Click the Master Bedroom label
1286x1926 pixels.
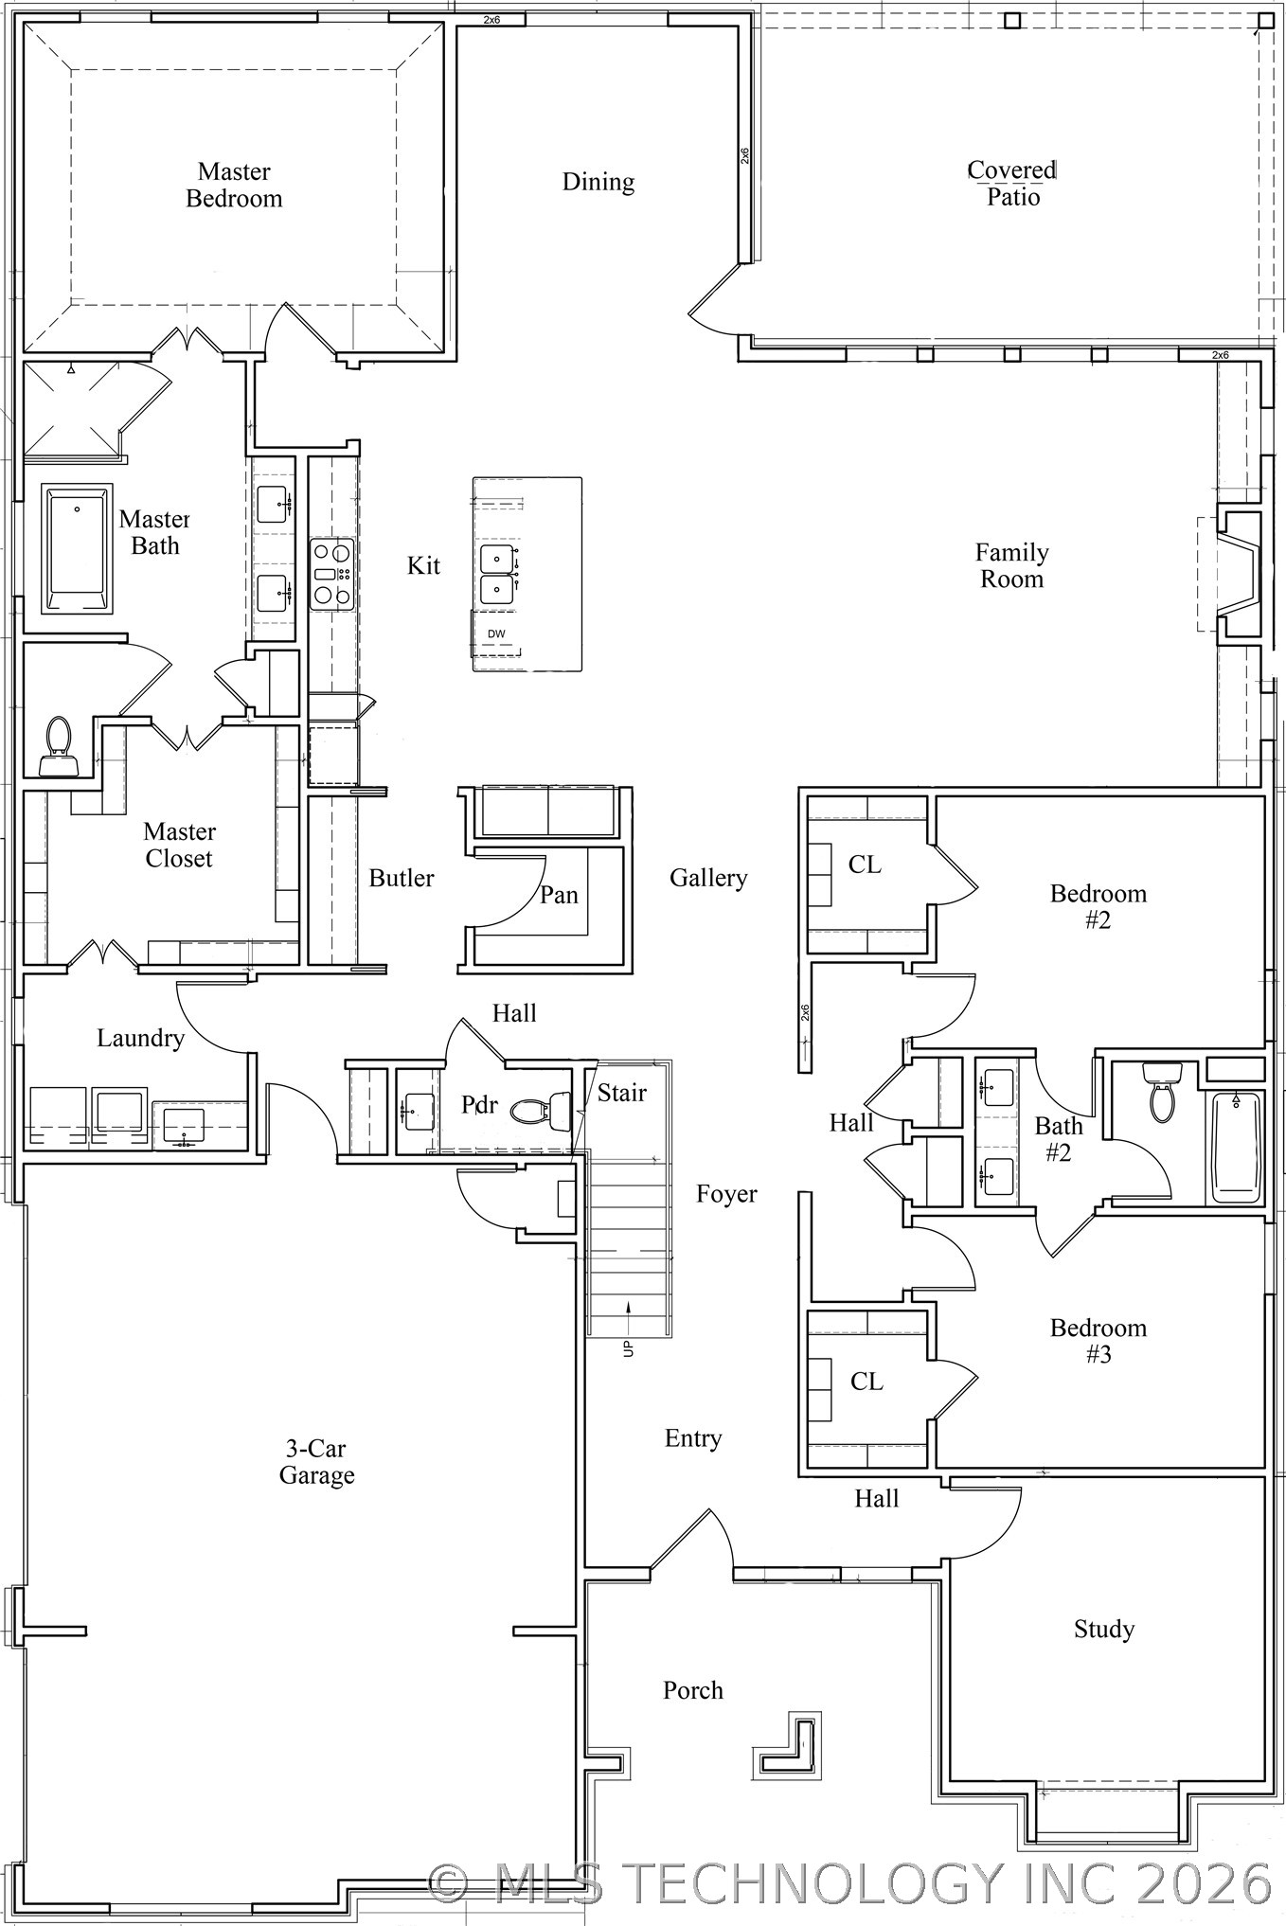pyautogui.click(x=234, y=185)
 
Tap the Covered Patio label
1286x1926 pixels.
pyautogui.click(x=1012, y=183)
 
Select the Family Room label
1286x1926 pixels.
pyautogui.click(x=1012, y=565)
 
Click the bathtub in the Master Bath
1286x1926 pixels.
pyautogui.click(x=77, y=548)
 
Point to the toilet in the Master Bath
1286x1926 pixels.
pyautogui.click(x=58, y=746)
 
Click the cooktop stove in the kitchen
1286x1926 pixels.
pyautogui.click(x=332, y=573)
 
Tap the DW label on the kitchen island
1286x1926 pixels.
pyautogui.click(x=496, y=633)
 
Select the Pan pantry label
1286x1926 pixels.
pyautogui.click(x=559, y=895)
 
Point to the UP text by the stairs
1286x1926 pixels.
pyautogui.click(x=628, y=1348)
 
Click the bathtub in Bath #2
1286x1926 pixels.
pyautogui.click(x=1236, y=1147)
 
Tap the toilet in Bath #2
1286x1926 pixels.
pyautogui.click(x=1162, y=1092)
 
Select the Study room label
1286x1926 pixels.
pyautogui.click(x=1104, y=1630)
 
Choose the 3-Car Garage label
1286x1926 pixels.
pyautogui.click(x=316, y=1461)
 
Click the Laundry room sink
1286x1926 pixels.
pyautogui.click(x=183, y=1124)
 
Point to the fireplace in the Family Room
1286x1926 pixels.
pyautogui.click(x=1240, y=575)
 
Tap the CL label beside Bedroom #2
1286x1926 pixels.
pyautogui.click(x=865, y=865)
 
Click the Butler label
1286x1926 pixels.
pyautogui.click(x=402, y=878)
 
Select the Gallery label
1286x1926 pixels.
pyautogui.click(x=708, y=879)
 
